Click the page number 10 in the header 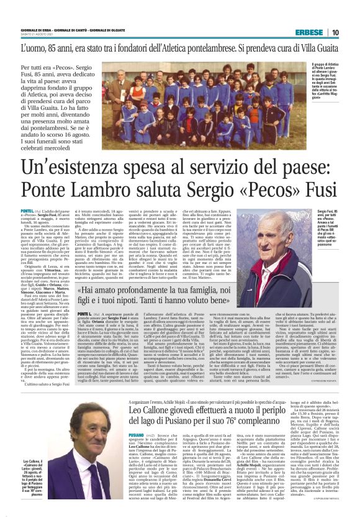pos(335,32)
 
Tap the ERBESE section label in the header pos(309,32)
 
